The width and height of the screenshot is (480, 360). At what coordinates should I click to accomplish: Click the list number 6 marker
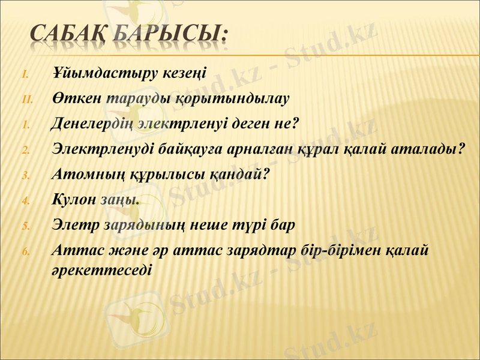[x=26, y=251]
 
